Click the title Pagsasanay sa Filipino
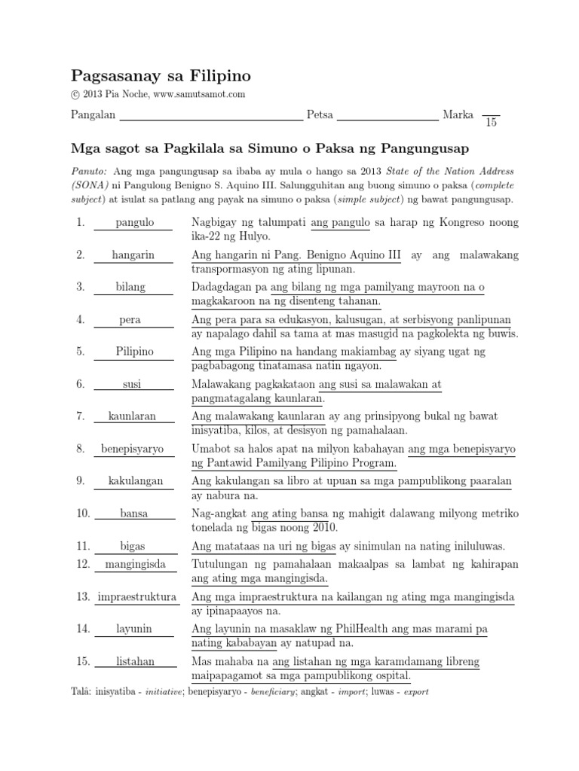tap(161, 76)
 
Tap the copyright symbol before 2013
tap(75, 94)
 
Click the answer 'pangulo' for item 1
tap(135, 223)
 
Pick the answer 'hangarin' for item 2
tap(133, 255)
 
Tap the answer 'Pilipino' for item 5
tap(135, 352)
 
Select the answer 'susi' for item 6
tap(133, 385)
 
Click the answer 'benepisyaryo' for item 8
tap(133, 449)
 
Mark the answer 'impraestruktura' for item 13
tap(136, 597)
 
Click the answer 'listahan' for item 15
tap(136, 661)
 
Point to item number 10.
tap(82, 513)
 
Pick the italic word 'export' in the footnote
tap(416, 691)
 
